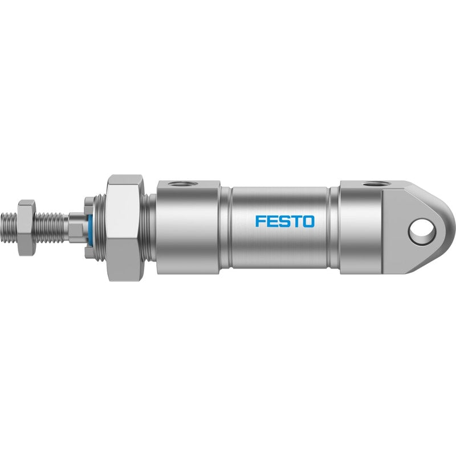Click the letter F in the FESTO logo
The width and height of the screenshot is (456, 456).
click(260, 221)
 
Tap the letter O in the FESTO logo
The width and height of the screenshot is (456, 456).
click(309, 221)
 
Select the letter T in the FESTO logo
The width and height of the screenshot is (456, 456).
click(297, 221)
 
